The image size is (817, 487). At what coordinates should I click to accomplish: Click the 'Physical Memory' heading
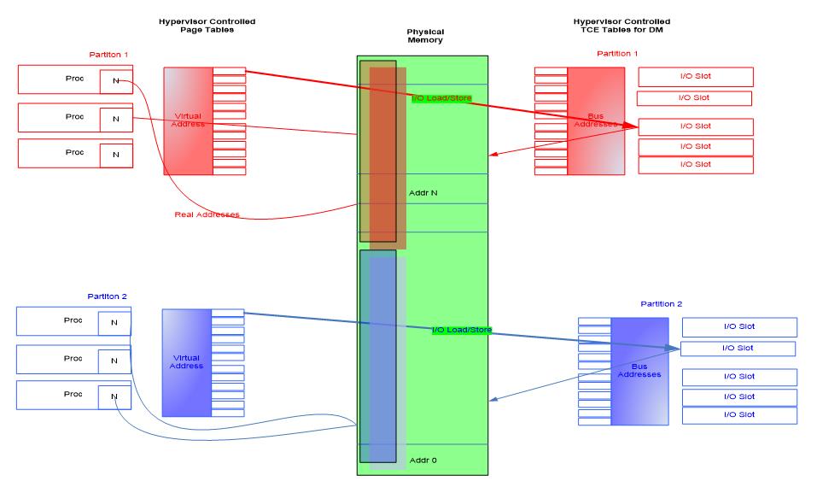(424, 35)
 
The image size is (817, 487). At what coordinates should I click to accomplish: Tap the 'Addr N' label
(423, 193)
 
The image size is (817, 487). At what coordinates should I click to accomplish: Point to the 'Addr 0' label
(423, 461)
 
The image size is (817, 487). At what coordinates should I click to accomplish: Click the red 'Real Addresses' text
(207, 214)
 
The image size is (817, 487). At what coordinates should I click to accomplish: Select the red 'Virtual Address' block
(188, 120)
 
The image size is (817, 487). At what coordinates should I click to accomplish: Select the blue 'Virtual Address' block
(186, 362)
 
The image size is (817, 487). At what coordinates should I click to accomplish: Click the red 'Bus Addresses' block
(596, 120)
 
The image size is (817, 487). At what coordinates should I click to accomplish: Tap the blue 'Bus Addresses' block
(639, 371)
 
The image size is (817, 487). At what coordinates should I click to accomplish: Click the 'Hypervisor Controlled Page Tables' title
(207, 26)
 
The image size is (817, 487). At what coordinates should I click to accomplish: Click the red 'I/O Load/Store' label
(441, 98)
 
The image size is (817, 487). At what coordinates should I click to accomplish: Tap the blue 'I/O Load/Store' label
(461, 330)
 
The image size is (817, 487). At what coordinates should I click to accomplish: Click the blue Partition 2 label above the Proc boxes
(107, 296)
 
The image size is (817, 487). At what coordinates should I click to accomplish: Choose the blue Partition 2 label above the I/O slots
(661, 304)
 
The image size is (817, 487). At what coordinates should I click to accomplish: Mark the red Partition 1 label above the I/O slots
(617, 54)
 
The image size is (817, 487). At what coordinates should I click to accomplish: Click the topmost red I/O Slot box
(695, 77)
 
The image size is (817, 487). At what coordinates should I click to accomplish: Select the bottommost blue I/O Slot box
(739, 415)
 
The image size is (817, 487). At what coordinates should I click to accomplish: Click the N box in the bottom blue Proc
(114, 396)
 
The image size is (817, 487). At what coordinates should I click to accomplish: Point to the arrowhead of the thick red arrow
(634, 126)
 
